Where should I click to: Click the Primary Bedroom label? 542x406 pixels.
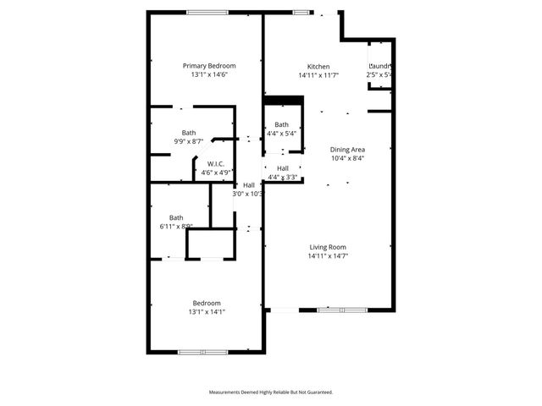click(209, 65)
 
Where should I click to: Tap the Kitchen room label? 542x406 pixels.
click(318, 67)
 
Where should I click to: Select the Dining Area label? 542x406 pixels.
click(346, 149)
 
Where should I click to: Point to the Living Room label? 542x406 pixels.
click(329, 246)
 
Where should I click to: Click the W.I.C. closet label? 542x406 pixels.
click(215, 164)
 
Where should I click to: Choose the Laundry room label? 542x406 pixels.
click(379, 66)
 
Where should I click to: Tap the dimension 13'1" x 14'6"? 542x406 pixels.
click(209, 74)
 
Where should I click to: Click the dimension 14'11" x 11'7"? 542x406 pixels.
click(318, 75)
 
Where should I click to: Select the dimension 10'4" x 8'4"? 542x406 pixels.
click(347, 157)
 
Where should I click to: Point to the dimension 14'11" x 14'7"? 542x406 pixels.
click(329, 255)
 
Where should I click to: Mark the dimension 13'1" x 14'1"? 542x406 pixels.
click(207, 311)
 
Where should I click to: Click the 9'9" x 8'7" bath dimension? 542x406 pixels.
click(188, 141)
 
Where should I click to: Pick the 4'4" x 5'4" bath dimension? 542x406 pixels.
click(281, 134)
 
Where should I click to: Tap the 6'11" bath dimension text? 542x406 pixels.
click(176, 226)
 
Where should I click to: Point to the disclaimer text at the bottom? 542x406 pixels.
click(271, 392)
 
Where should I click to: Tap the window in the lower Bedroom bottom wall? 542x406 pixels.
click(202, 351)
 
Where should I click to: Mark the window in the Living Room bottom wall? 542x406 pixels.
click(342, 310)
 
